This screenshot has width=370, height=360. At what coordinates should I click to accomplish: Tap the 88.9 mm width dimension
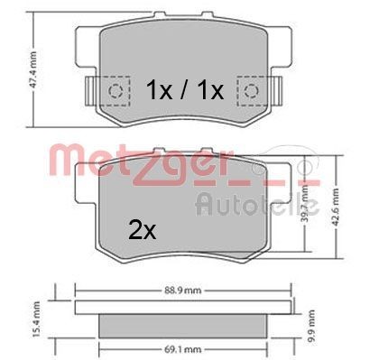186,290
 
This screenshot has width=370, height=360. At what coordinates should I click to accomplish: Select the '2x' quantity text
142,231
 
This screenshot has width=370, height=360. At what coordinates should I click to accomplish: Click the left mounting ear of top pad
86,92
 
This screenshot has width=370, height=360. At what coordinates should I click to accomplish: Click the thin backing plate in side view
186,308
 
